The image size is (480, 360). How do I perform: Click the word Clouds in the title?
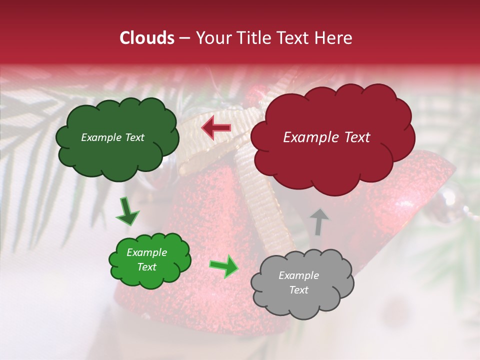tap(147, 38)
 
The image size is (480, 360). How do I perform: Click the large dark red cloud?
tap(332, 160)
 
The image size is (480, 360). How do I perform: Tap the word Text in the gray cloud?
tap(298, 290)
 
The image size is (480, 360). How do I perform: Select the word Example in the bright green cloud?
tap(146, 252)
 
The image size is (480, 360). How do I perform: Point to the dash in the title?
tap(184, 38)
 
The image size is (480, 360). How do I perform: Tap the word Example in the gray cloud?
tap(298, 275)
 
